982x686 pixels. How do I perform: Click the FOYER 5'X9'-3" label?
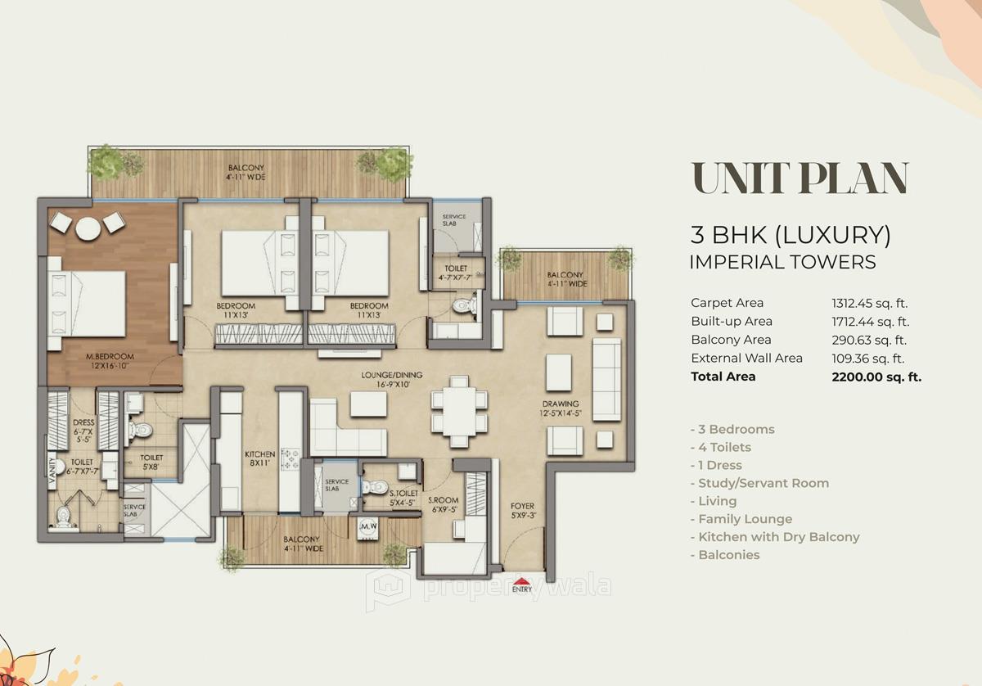[x=522, y=510]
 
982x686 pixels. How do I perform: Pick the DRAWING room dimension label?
[x=561, y=408]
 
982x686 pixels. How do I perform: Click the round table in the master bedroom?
[x=87, y=230]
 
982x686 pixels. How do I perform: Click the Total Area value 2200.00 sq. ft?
[x=876, y=377]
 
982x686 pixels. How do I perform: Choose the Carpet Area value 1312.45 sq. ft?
[x=870, y=303]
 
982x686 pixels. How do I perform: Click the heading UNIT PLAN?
[x=800, y=178]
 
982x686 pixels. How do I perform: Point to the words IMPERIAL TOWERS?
[x=782, y=262]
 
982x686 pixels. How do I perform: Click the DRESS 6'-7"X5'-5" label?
[x=83, y=410]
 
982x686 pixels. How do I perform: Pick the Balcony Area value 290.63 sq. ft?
[x=870, y=340]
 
